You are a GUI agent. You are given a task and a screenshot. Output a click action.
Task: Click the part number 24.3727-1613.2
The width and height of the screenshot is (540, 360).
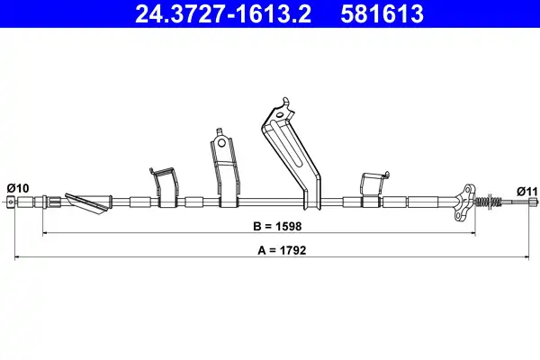point(223,14)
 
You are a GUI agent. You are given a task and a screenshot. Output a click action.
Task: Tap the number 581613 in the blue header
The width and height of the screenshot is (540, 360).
point(382,14)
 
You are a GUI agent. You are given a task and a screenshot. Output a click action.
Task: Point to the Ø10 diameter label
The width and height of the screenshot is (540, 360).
point(18,188)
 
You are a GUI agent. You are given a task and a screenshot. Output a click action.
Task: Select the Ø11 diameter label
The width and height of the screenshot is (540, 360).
point(526,191)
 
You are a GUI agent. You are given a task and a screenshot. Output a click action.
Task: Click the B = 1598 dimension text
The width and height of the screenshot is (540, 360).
point(277,226)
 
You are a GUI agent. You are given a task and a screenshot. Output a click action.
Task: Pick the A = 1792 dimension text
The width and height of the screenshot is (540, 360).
point(282,250)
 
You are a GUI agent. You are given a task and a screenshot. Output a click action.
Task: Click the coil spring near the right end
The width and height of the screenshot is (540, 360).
point(489,201)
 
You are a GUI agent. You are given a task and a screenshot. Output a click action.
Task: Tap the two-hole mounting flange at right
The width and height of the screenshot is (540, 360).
point(465,203)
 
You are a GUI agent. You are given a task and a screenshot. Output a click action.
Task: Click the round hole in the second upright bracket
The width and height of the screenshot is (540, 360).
point(221,142)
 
